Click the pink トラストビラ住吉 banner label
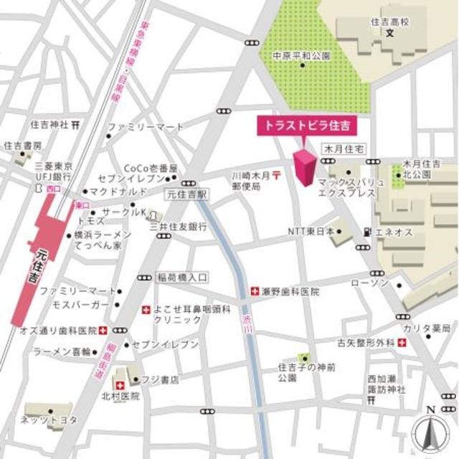pyautogui.click(x=307, y=126)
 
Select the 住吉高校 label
pyautogui.click(x=389, y=22)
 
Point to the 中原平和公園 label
pyautogui.click(x=301, y=55)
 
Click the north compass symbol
pyautogui.click(x=430, y=431)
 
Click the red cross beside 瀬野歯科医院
pyautogui.click(x=255, y=292)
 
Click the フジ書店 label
pyautogui.click(x=159, y=379)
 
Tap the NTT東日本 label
pyautogui.click(x=311, y=231)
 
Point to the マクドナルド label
pyautogui.click(x=118, y=192)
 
